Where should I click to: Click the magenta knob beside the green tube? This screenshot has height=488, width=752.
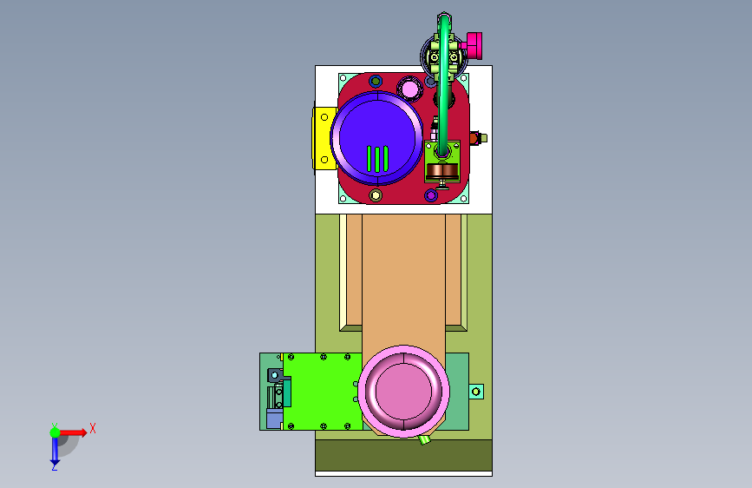pos(474,46)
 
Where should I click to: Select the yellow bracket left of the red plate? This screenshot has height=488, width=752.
pos(324,138)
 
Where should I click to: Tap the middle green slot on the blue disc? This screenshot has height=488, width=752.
pos(377,159)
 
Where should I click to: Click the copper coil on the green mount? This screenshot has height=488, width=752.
pos(442,170)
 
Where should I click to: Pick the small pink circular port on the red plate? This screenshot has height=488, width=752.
pos(410,89)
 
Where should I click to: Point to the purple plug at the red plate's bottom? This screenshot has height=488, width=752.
pos(431,195)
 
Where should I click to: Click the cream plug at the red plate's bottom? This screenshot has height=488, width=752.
pos(376,195)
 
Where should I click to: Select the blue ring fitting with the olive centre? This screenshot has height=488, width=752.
pos(376,81)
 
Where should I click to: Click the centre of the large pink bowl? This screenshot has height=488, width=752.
pos(404,392)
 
